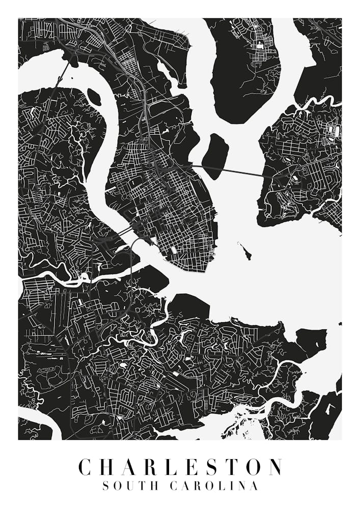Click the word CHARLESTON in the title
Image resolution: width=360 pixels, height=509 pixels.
(180, 467)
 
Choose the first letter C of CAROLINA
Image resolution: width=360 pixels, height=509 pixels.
(174, 486)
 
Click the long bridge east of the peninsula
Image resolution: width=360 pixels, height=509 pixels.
(229, 172)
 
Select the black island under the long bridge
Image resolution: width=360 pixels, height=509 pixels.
(215, 155)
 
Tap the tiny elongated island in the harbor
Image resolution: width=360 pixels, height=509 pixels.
(245, 251)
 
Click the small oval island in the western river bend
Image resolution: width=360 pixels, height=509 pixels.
(94, 97)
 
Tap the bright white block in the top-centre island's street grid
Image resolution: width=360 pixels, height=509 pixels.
(260, 46)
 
